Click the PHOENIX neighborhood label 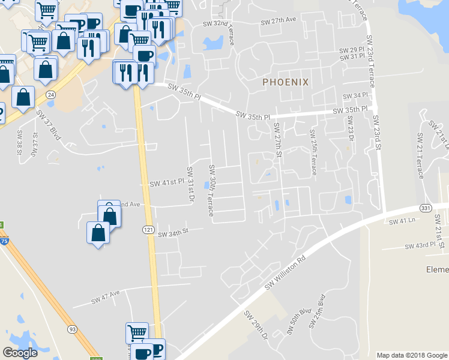(285, 82)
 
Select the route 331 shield (426, 208)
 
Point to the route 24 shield (50, 95)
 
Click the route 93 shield (72, 329)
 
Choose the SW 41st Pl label (165, 182)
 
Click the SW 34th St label (173, 231)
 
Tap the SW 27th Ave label (279, 20)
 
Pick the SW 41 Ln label (402, 222)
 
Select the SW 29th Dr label (255, 326)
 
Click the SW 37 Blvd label (49, 124)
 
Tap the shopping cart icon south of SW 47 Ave (137, 332)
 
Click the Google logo (20, 353)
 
